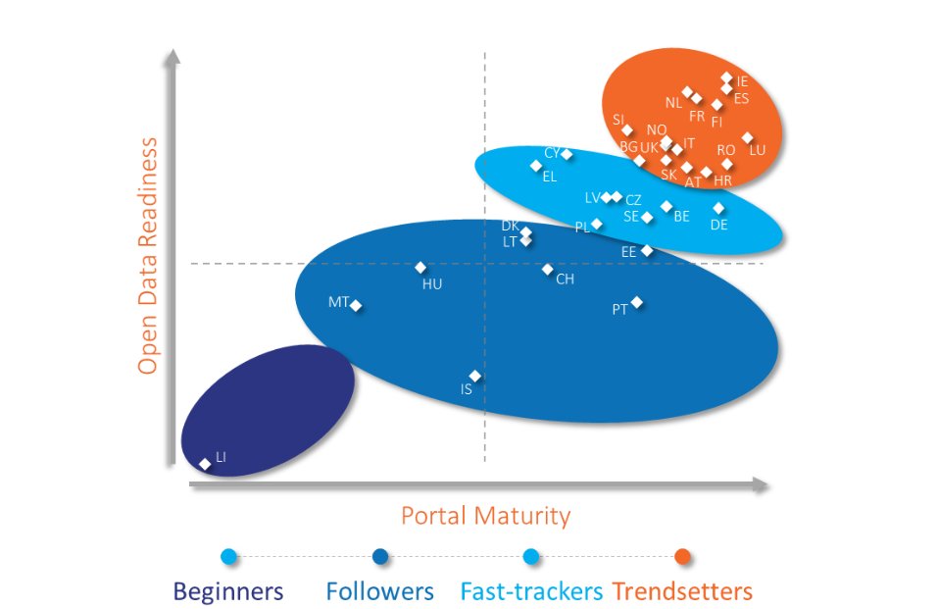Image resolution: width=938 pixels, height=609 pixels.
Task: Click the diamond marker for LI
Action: click(205, 464)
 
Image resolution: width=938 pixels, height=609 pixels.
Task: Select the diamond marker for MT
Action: click(357, 306)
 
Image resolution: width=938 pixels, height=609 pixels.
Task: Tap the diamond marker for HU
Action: click(420, 268)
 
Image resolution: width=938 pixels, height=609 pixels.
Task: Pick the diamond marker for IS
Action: click(475, 376)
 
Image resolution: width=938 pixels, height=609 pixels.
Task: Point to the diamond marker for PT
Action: click(637, 302)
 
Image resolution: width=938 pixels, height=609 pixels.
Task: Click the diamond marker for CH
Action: click(548, 269)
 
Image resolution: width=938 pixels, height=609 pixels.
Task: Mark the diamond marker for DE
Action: click(719, 208)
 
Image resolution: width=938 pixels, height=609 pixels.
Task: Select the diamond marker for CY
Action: click(567, 154)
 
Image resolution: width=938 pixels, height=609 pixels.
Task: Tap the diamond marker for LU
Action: click(748, 138)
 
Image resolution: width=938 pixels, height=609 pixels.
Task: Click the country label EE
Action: click(629, 252)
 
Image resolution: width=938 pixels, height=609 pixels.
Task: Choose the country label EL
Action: click(549, 177)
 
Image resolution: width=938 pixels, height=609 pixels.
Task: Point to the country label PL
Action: click(582, 227)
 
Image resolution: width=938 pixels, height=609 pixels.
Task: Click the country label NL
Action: click(672, 102)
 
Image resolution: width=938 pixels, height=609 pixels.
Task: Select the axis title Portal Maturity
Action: click(485, 515)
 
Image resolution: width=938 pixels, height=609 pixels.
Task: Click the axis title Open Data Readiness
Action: click(148, 255)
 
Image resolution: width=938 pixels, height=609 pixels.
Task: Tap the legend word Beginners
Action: click(228, 591)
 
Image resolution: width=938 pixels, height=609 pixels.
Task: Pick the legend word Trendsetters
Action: click(682, 591)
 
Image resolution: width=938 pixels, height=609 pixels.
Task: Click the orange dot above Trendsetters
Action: click(683, 557)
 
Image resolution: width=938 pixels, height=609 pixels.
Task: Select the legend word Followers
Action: click(379, 591)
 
